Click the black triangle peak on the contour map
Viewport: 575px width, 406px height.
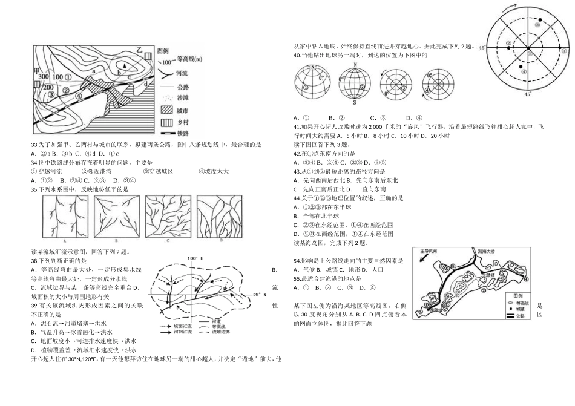click(x=125, y=65)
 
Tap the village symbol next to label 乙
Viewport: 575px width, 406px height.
click(x=148, y=54)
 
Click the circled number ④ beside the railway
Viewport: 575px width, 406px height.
click(x=80, y=94)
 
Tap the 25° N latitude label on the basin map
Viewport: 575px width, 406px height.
click(x=258, y=295)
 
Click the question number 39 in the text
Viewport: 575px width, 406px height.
click(x=34, y=306)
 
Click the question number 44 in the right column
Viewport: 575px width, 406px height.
click(x=297, y=198)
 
